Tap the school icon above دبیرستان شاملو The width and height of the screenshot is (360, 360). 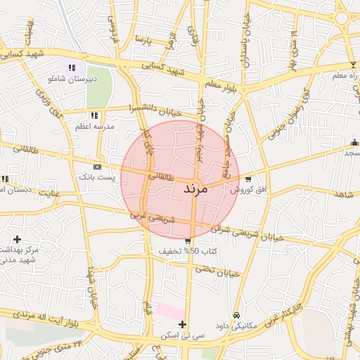(72, 67)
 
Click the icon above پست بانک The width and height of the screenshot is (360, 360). (97, 167)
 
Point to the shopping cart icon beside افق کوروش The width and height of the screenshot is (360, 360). (247, 179)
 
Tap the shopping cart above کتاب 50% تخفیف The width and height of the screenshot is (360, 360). (187, 241)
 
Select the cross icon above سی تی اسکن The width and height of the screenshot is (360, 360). (183, 324)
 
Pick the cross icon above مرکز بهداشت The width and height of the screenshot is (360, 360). (16, 240)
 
